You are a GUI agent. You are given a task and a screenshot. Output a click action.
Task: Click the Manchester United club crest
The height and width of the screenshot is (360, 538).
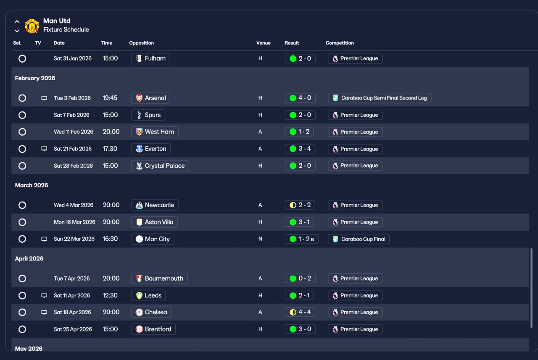[32, 26]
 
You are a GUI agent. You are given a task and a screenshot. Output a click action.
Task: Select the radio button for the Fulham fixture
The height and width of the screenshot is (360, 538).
[22, 58]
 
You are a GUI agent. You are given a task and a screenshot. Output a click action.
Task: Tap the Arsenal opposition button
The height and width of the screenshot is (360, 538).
[150, 98]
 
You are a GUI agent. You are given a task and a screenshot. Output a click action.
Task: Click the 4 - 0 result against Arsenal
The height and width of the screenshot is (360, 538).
[300, 98]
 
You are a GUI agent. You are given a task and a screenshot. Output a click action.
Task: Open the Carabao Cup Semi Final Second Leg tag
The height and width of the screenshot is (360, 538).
[380, 98]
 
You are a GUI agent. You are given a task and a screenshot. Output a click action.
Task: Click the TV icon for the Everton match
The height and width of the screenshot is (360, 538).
[44, 149]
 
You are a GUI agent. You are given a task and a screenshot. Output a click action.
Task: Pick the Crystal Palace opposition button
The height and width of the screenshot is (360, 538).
[160, 166]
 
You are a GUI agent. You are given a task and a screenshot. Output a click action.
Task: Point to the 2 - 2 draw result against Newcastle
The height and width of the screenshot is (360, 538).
[300, 205]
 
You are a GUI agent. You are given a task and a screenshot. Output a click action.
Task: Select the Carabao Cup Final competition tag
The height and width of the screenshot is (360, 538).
[359, 239]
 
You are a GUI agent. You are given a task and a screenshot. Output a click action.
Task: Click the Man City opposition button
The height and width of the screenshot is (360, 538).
[153, 239]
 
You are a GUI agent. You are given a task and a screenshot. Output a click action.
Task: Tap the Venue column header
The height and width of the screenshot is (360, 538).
[263, 43]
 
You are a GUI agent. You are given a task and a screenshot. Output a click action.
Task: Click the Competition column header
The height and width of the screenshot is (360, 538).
[340, 43]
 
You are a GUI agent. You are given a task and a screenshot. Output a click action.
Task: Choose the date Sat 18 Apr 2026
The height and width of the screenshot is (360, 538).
[72, 312]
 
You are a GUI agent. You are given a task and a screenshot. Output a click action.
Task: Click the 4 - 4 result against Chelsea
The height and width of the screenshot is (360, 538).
[300, 312]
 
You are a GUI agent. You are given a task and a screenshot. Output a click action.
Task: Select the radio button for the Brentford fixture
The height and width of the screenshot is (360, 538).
[22, 329]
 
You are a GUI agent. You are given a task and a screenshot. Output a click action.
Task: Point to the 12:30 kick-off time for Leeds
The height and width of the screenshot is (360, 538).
[110, 295]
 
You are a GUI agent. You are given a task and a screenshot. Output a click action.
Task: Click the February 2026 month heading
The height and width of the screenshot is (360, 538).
[35, 78]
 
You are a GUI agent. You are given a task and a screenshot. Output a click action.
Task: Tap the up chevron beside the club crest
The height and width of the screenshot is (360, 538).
[17, 21]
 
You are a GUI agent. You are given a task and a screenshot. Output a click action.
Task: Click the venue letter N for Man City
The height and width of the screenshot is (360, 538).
[260, 239]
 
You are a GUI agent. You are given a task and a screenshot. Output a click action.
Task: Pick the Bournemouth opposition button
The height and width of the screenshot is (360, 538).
[159, 279]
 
